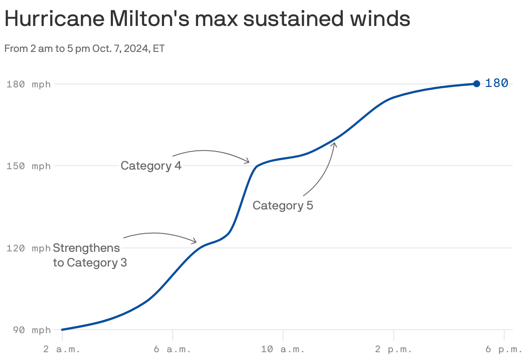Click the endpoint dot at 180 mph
tap(476, 84)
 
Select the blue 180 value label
tap(496, 83)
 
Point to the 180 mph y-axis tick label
tap(29, 84)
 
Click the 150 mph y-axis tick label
tap(29, 166)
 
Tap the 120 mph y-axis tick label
tap(29, 248)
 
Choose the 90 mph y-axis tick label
tap(29, 330)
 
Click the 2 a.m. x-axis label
tap(62, 349)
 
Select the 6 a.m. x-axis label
tap(172, 349)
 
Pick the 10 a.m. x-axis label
tap(283, 349)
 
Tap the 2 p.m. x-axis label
tap(393, 349)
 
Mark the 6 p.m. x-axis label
tap(504, 349)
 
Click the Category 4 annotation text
tap(151, 166)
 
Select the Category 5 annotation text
tap(283, 205)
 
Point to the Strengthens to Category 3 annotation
tap(90, 255)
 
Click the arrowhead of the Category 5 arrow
tap(334, 143)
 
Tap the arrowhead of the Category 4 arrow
tap(248, 162)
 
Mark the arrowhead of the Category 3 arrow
tap(195, 241)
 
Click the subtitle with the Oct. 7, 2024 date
tap(84, 48)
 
